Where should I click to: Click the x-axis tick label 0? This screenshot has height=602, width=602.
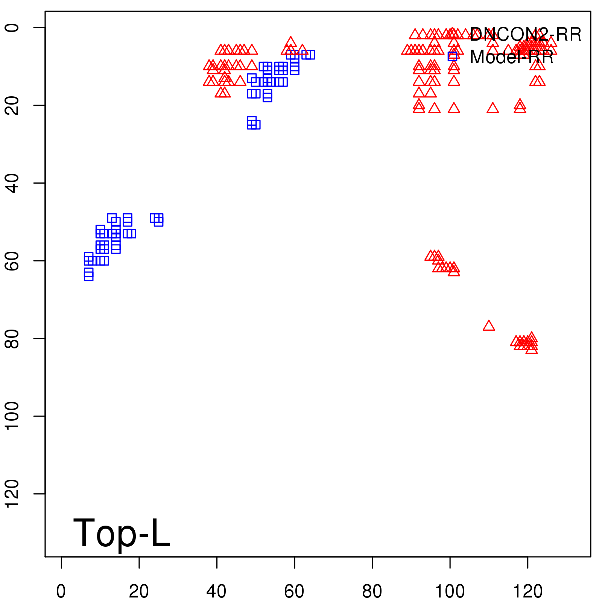61,591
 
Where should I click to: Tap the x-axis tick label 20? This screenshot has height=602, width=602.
139,591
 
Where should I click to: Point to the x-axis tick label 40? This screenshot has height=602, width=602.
217,591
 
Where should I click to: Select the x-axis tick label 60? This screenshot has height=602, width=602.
294,591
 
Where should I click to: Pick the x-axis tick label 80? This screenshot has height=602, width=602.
372,591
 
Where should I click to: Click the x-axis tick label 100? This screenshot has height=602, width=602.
450,591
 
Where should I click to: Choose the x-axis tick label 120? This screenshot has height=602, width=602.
528,591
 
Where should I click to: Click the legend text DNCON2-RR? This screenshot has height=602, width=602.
526,35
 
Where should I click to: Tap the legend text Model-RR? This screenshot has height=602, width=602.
512,57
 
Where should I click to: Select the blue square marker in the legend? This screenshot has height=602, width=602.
452,56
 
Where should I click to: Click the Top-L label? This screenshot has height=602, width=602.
121,533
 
